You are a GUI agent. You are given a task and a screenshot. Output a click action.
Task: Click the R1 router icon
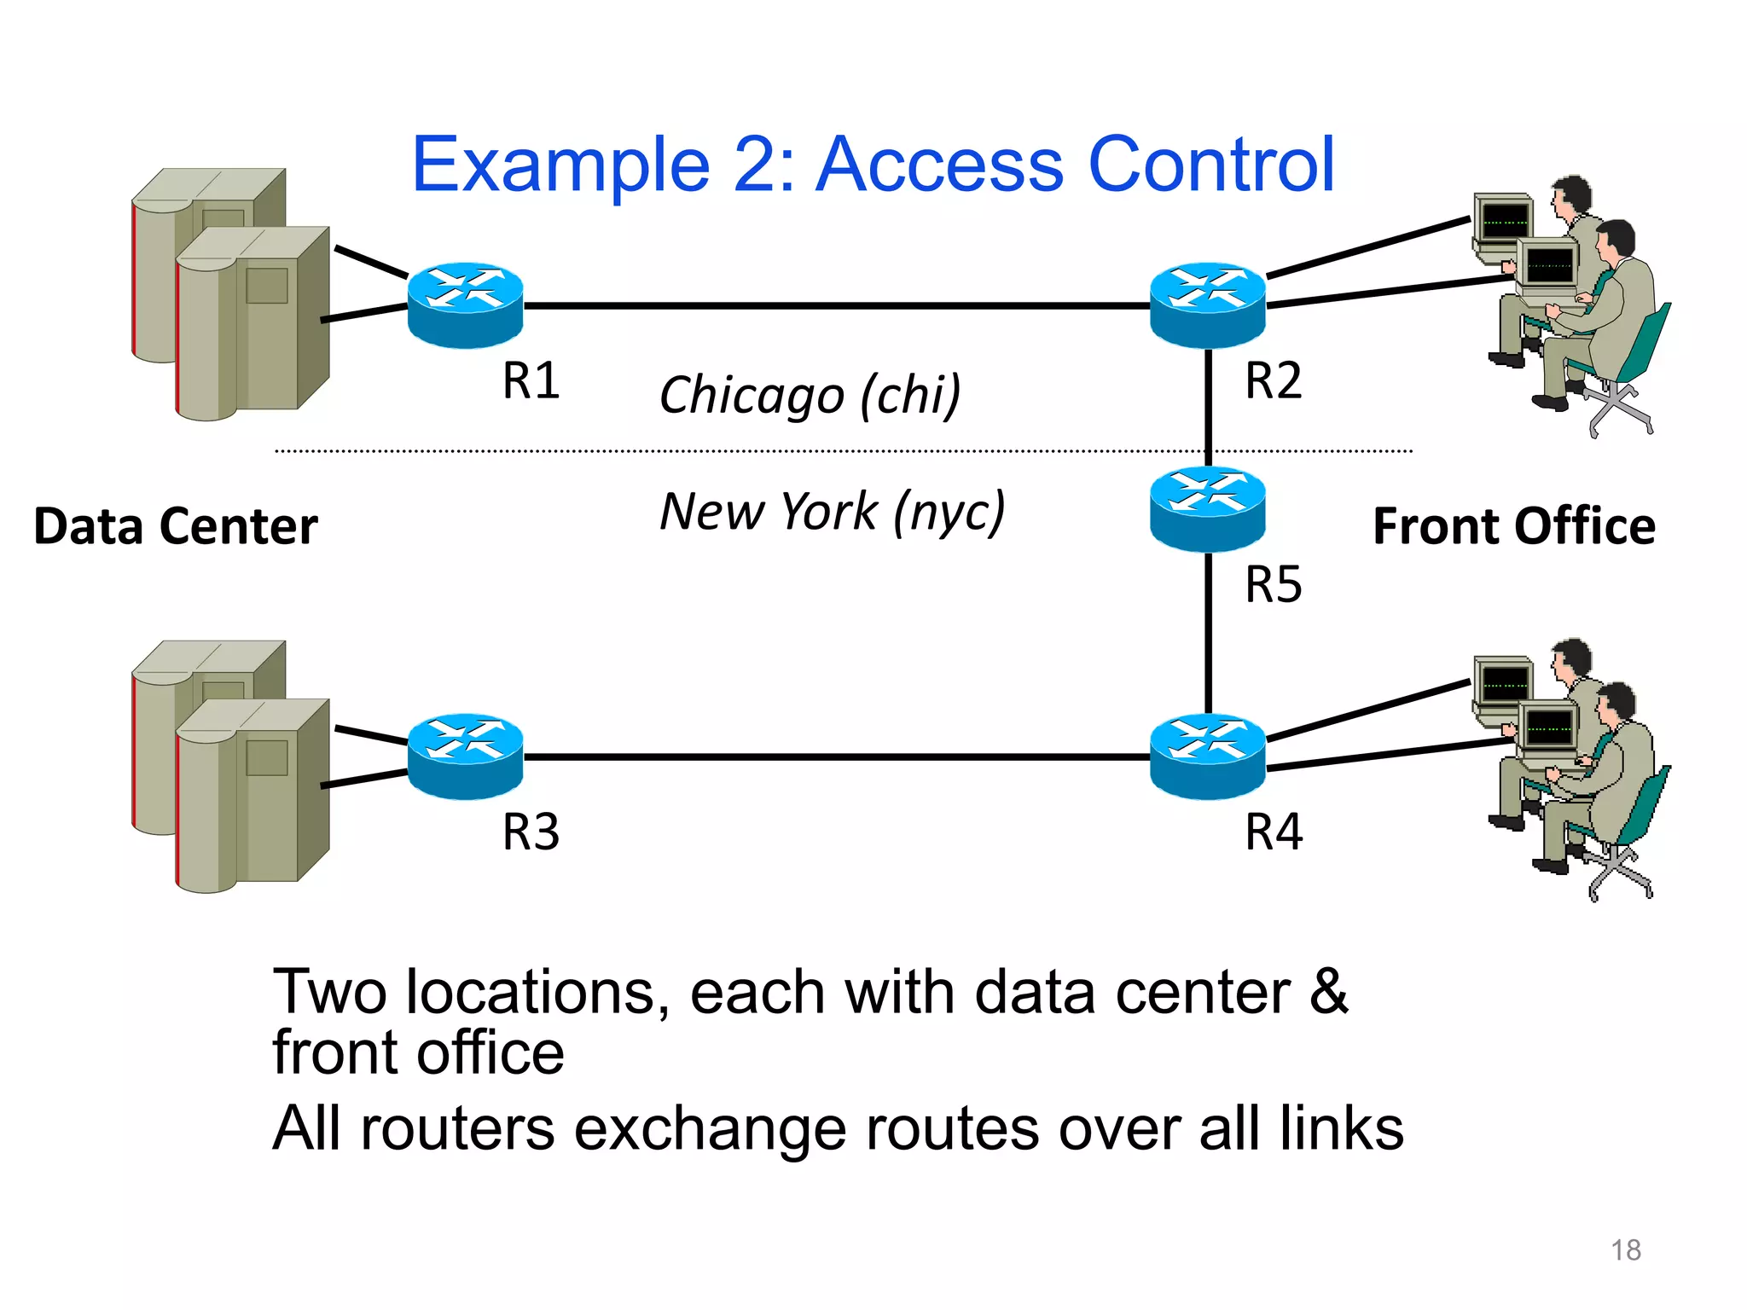pos(465,304)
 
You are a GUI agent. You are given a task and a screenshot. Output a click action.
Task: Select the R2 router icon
pos(1207,304)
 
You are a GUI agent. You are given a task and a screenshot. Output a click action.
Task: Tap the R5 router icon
pos(1207,508)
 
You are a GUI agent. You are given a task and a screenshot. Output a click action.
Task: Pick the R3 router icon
pos(465,756)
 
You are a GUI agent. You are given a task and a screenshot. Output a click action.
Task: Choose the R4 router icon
pos(1207,756)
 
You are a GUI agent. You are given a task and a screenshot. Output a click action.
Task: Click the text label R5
pos(1273,585)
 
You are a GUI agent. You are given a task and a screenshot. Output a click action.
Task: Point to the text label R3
pos(531,832)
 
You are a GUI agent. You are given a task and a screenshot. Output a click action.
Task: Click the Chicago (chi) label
pos(810,395)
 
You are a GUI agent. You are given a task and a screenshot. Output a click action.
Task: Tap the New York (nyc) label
pos(833,512)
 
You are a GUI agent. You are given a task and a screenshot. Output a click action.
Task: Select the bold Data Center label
pos(176,526)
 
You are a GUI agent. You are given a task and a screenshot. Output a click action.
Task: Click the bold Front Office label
pos(1513,526)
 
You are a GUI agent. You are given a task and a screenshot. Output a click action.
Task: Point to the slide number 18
pos(1625,1250)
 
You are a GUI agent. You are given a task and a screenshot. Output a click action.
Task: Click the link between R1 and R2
pos(836,304)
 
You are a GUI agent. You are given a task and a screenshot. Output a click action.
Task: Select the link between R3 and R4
pos(836,756)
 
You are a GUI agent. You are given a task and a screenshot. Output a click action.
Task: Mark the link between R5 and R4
pos(1208,633)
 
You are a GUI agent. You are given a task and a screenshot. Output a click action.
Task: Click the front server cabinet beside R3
pos(252,793)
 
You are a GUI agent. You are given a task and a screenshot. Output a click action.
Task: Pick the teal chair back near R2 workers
pos(1646,341)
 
